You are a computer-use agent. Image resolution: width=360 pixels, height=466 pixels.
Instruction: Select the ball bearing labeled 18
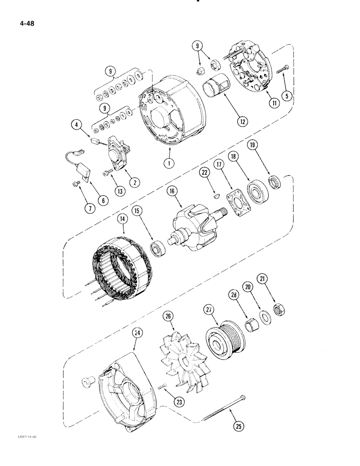point(256,193)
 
